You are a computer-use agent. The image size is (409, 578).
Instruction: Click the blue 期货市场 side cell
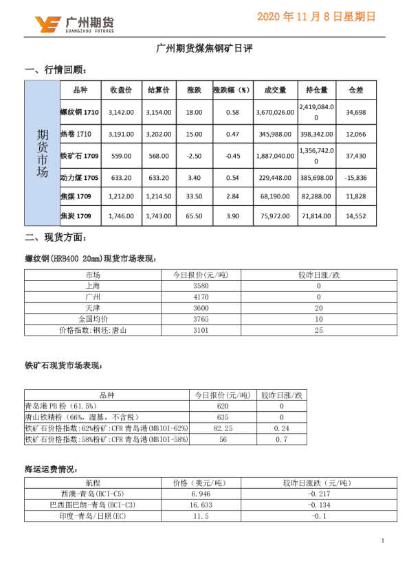click(x=42, y=153)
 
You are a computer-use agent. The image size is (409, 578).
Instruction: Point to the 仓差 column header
click(x=356, y=90)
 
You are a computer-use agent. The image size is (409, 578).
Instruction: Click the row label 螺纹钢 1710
click(x=80, y=112)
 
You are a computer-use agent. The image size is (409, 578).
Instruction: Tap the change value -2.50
click(x=194, y=156)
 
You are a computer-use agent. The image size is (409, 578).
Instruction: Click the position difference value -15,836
click(x=356, y=178)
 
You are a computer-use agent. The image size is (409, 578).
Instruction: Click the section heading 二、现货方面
click(x=55, y=238)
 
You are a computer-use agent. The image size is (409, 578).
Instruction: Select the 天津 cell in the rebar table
click(x=92, y=308)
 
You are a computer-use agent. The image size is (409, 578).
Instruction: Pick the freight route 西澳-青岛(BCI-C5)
click(x=92, y=493)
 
